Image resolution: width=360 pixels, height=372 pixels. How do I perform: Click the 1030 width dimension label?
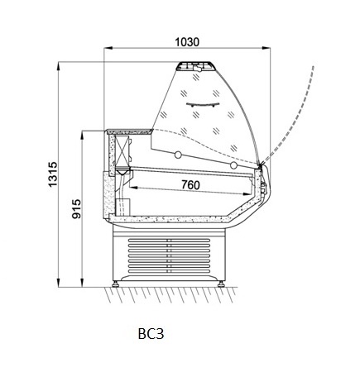tap(187, 42)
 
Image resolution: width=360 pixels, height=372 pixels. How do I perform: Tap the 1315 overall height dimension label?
tap(52, 174)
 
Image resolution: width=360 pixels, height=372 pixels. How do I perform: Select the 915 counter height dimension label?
tap(76, 209)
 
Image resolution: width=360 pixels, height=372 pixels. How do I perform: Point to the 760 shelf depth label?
tap(190, 184)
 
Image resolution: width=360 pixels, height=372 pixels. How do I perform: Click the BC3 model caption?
tap(151, 334)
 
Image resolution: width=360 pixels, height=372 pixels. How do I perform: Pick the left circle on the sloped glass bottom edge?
tap(178, 155)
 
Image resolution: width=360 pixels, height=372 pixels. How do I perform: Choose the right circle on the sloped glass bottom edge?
tap(233, 165)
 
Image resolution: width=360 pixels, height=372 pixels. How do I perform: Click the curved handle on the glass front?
tap(203, 105)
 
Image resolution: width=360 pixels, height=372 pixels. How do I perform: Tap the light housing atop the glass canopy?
tap(194, 66)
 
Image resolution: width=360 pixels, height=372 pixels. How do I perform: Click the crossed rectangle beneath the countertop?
tap(122, 150)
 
